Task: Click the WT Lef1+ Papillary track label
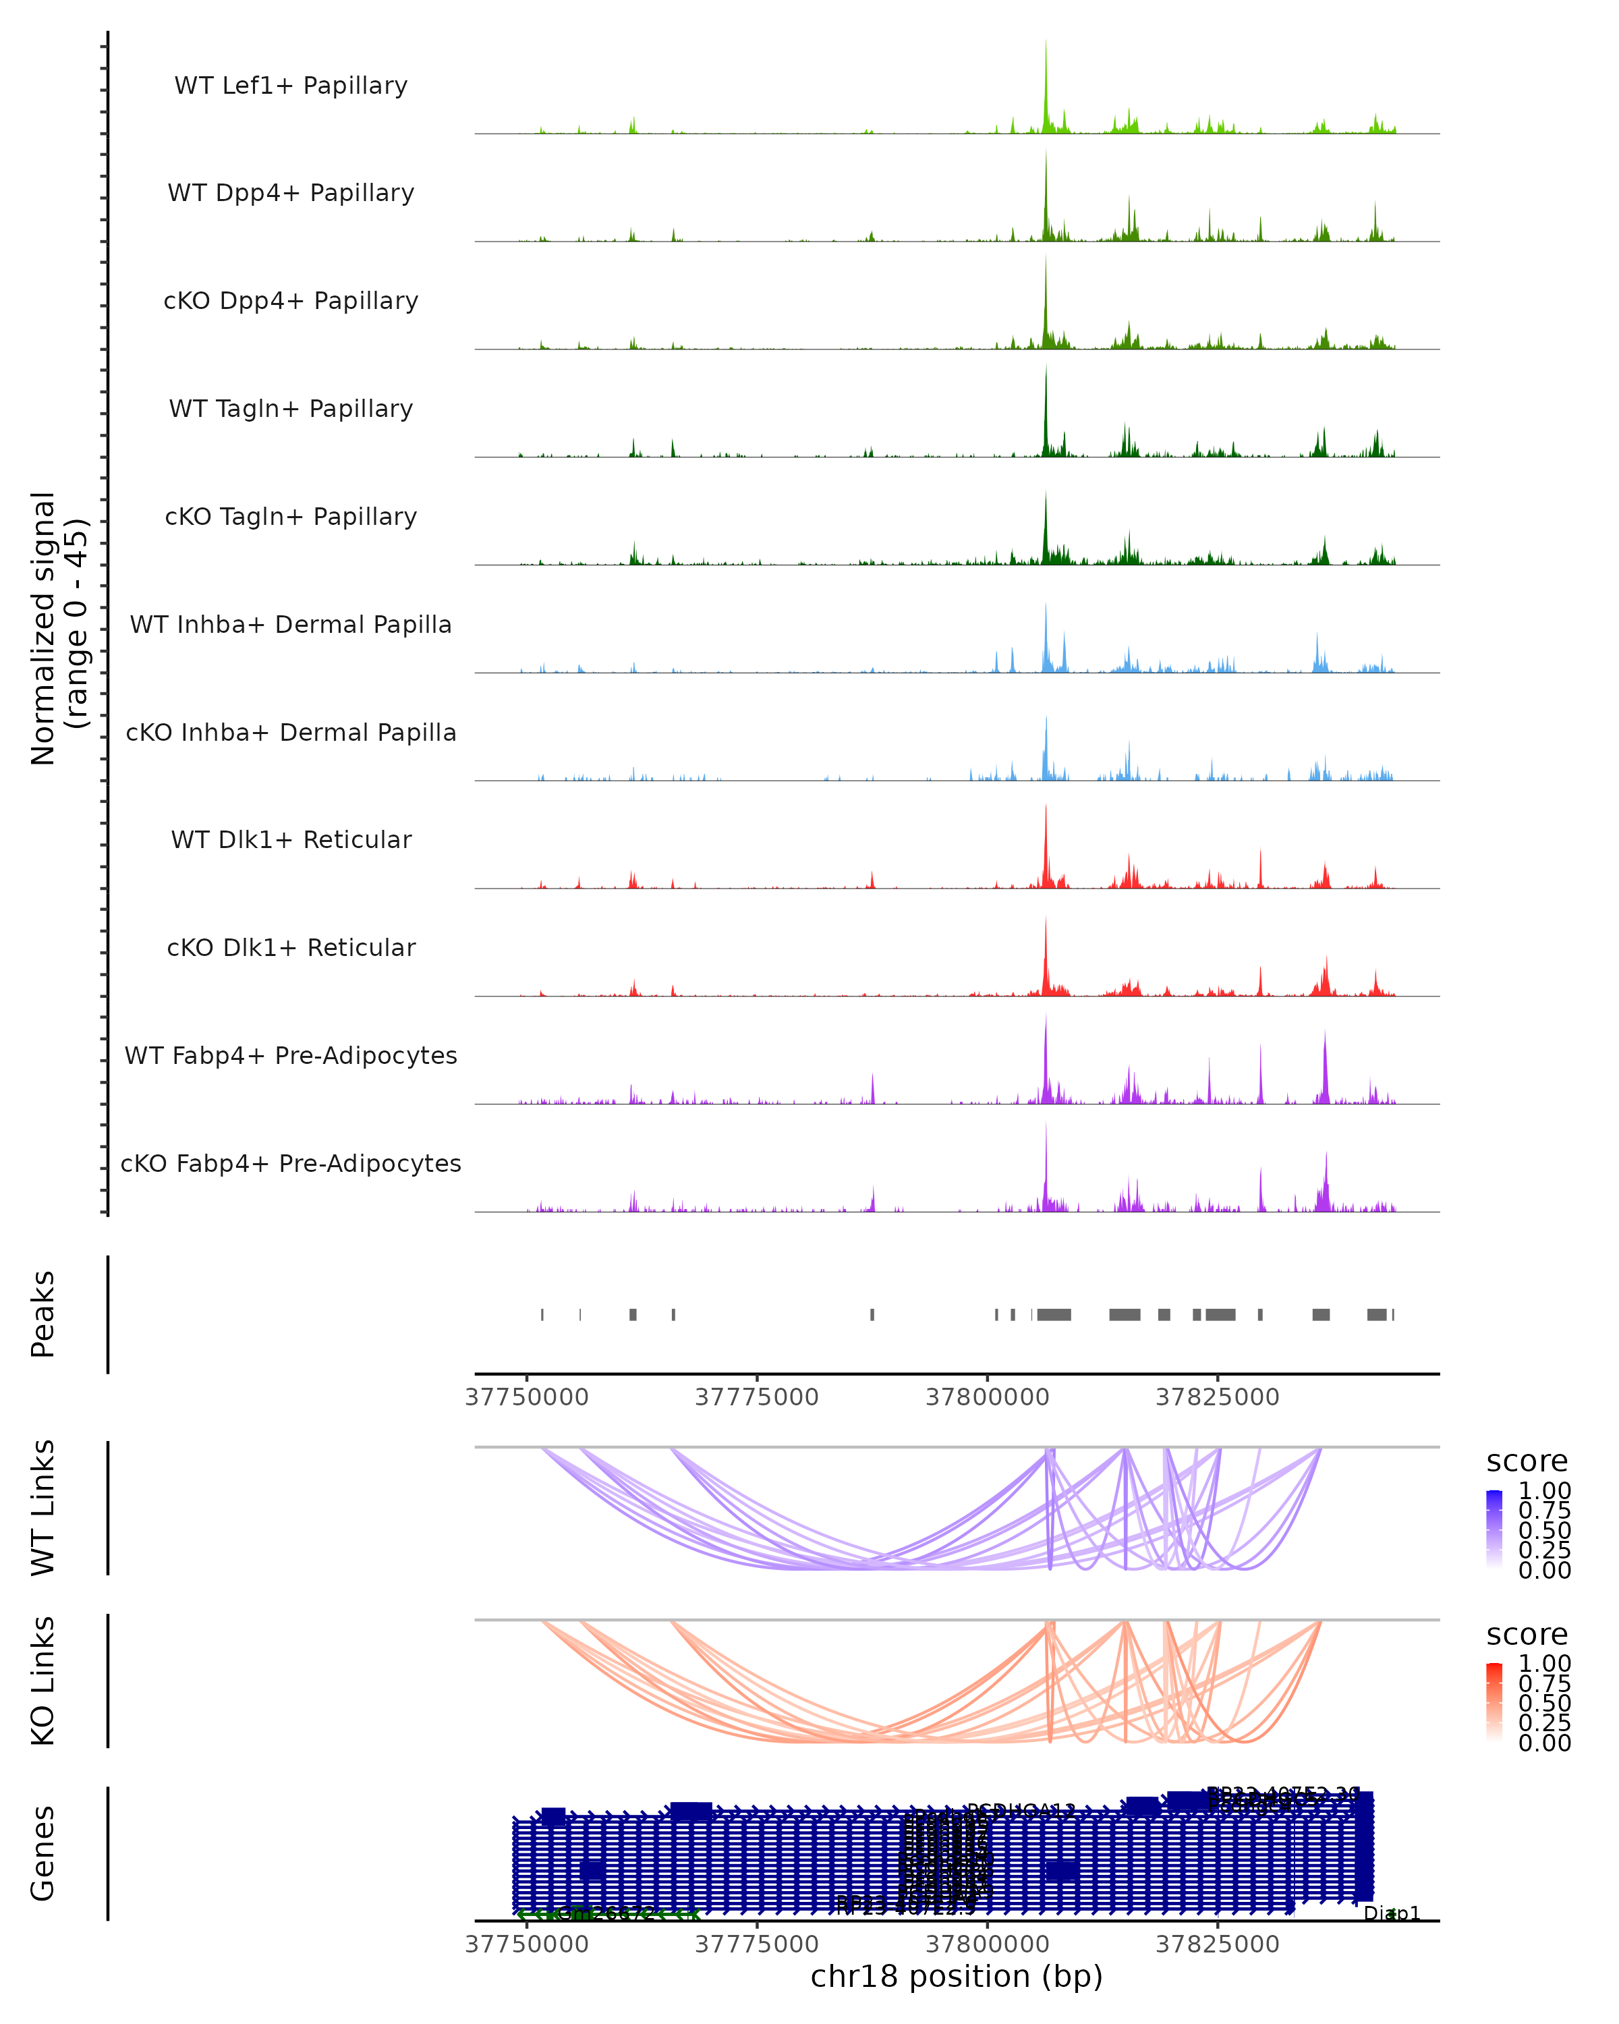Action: (x=291, y=86)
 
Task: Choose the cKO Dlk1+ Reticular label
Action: (x=291, y=947)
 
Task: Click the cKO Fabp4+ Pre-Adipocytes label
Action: (x=291, y=1163)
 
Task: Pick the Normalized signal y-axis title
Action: (x=58, y=628)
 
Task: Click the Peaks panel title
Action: (x=43, y=1314)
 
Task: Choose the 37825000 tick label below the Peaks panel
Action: (x=1218, y=1397)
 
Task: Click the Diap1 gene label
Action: (x=1392, y=1913)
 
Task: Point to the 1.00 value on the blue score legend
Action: (x=1544, y=1491)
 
